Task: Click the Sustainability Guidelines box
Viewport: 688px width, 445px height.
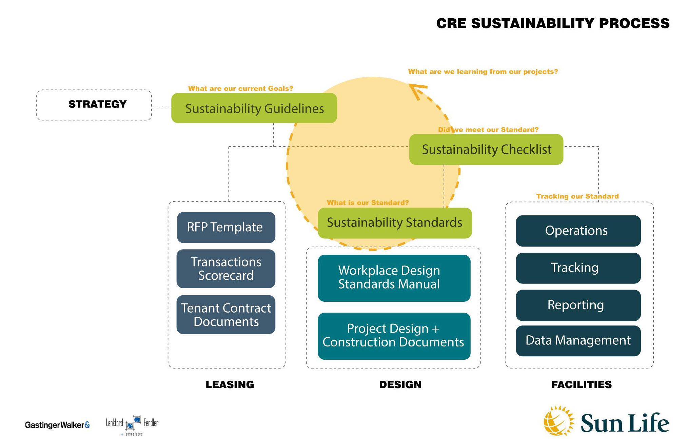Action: (x=254, y=108)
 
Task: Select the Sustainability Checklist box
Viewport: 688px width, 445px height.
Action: (x=486, y=149)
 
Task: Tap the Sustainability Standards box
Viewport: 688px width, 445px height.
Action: (x=394, y=223)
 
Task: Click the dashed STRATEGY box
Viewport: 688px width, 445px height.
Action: (x=94, y=105)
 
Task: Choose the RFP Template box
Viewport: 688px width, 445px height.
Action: (x=226, y=227)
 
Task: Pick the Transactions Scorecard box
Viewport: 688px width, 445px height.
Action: (x=226, y=269)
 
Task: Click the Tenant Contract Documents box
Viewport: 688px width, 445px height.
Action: (x=226, y=315)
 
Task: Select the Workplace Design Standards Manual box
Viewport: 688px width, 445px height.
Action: (x=394, y=278)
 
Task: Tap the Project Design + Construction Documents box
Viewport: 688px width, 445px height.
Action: (x=394, y=336)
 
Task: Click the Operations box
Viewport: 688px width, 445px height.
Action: (x=578, y=231)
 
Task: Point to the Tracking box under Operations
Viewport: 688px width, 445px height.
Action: (x=578, y=268)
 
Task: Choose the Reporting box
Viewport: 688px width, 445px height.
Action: (x=578, y=305)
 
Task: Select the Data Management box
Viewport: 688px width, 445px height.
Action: (x=578, y=341)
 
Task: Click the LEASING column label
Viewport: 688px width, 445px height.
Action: (x=230, y=384)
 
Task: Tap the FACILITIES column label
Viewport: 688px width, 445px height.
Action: (x=581, y=384)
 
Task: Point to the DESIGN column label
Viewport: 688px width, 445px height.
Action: (x=400, y=384)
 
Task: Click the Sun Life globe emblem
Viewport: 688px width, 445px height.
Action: (x=558, y=421)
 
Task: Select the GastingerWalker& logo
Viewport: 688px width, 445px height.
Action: (x=57, y=425)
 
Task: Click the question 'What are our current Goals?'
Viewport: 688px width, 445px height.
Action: (x=240, y=88)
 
